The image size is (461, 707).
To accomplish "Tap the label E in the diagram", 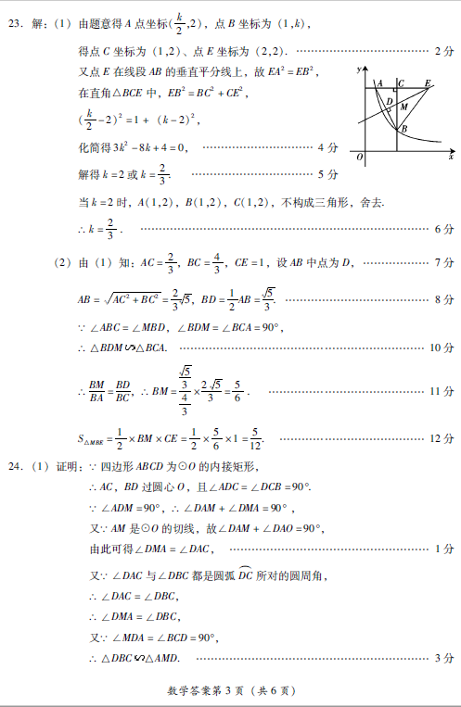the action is (428, 82).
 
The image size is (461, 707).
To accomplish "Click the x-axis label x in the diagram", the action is (451, 158).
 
